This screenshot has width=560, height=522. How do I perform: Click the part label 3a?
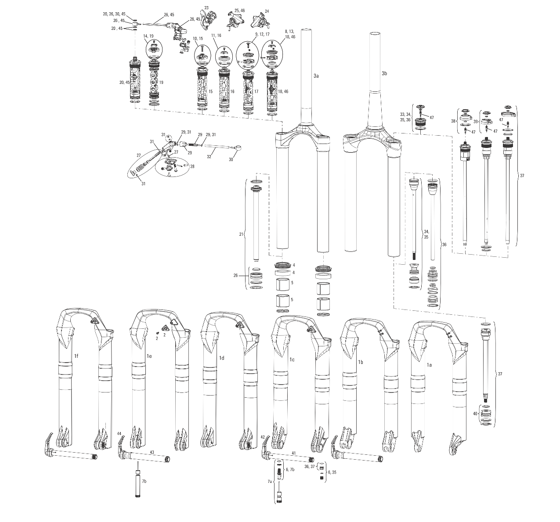pyautogui.click(x=316, y=76)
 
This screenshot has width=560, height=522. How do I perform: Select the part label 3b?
pyautogui.click(x=384, y=73)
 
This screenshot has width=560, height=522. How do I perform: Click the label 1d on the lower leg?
pyautogui.click(x=222, y=358)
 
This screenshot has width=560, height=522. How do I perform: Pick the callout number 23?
pyautogui.click(x=207, y=8)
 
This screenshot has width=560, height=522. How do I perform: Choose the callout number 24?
pyautogui.click(x=267, y=11)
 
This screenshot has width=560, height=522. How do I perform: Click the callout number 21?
pyautogui.click(x=241, y=235)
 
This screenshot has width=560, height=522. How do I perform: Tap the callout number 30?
pyautogui.click(x=231, y=160)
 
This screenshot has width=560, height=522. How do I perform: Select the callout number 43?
pyautogui.click(x=152, y=452)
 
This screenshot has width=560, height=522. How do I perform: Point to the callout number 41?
pyautogui.click(x=294, y=452)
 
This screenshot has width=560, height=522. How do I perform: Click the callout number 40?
pyautogui.click(x=475, y=414)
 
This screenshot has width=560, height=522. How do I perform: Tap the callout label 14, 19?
pyautogui.click(x=148, y=36)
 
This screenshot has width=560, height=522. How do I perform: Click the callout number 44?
pyautogui.click(x=119, y=433)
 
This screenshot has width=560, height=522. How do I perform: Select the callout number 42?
pyautogui.click(x=263, y=437)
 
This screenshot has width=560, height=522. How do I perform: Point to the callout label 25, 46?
pyautogui.click(x=240, y=10)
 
